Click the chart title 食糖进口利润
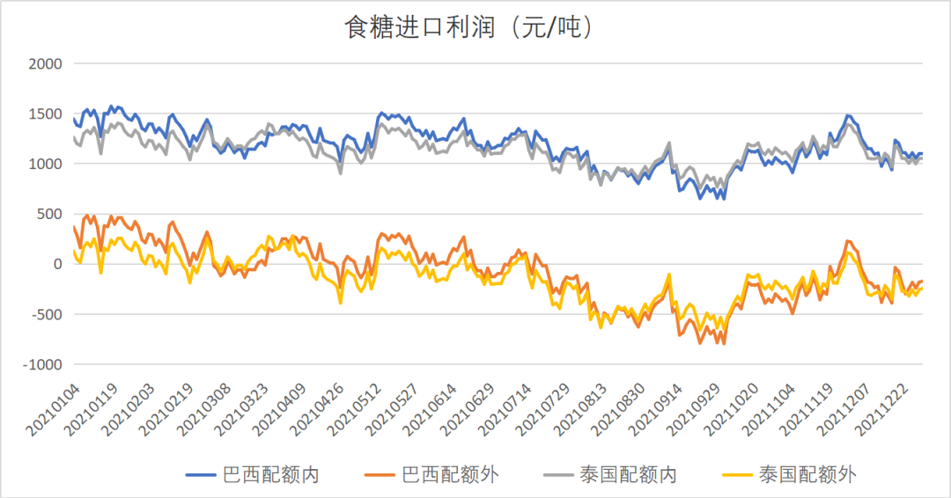[468, 27]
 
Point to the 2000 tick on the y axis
[45, 64]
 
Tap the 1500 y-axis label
[45, 114]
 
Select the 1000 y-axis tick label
[45, 165]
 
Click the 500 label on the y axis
[49, 214]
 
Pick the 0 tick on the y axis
[58, 264]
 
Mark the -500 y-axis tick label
[45, 314]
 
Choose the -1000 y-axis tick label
[41, 364]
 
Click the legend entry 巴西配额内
[271, 475]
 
